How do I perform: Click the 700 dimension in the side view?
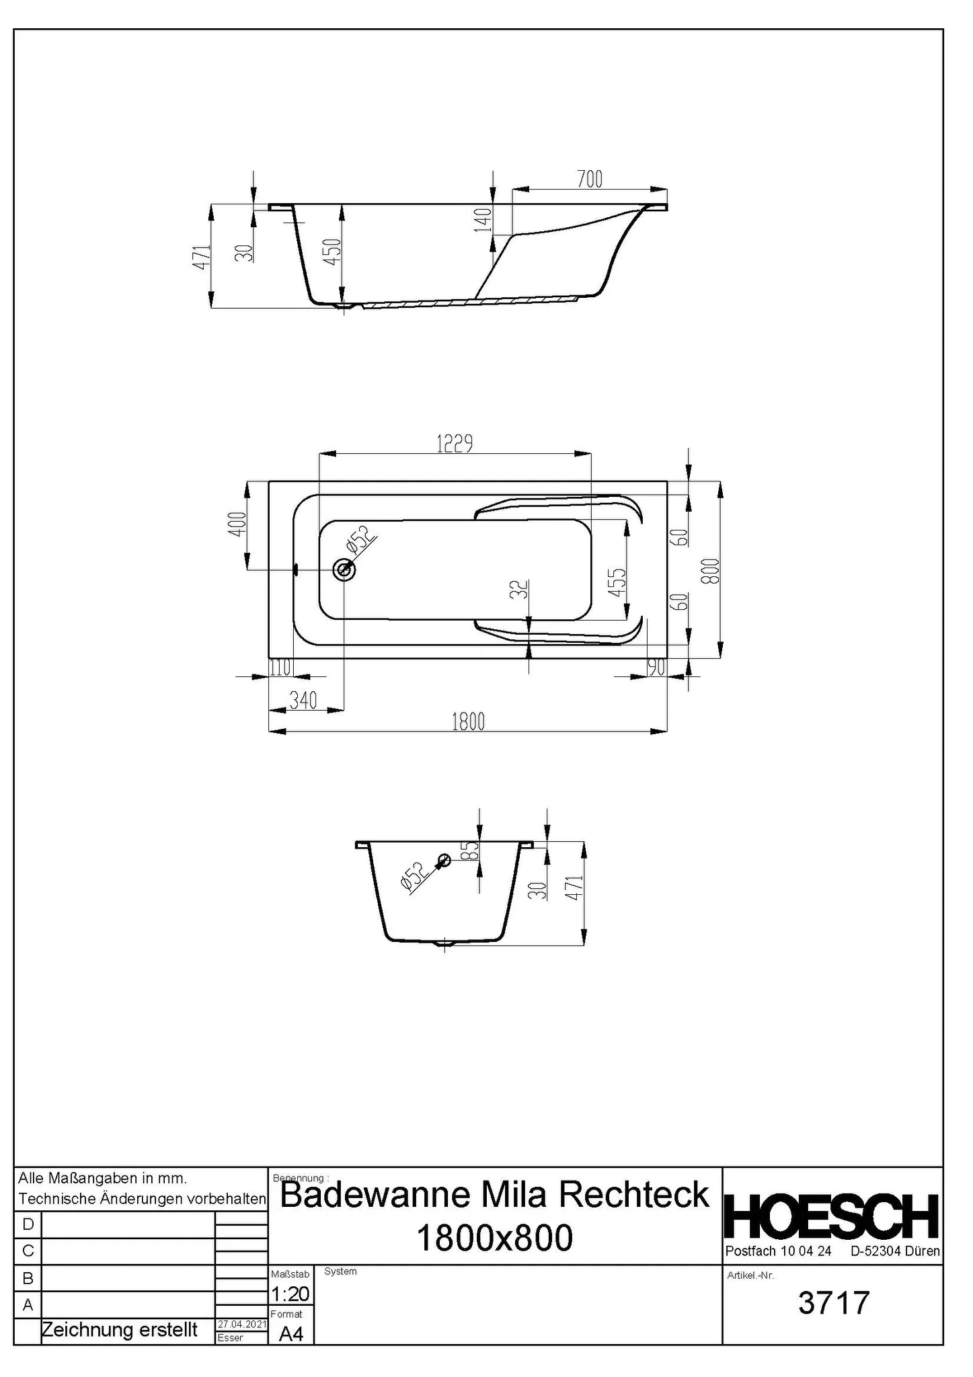tap(589, 180)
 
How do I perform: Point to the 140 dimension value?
tap(483, 220)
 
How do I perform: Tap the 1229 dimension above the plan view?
tap(455, 444)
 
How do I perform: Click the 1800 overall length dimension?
tap(468, 721)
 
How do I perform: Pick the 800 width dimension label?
tap(713, 571)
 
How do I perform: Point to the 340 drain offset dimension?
tap(303, 700)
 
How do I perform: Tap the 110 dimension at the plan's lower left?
tap(280, 668)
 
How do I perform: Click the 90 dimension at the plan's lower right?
tap(656, 668)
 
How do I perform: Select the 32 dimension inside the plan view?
tap(518, 590)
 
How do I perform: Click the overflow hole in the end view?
tap(444, 860)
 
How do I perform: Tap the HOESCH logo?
tap(832, 1216)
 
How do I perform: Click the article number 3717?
tap(833, 1302)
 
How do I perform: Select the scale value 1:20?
tap(290, 1293)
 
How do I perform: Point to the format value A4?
tap(290, 1333)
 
